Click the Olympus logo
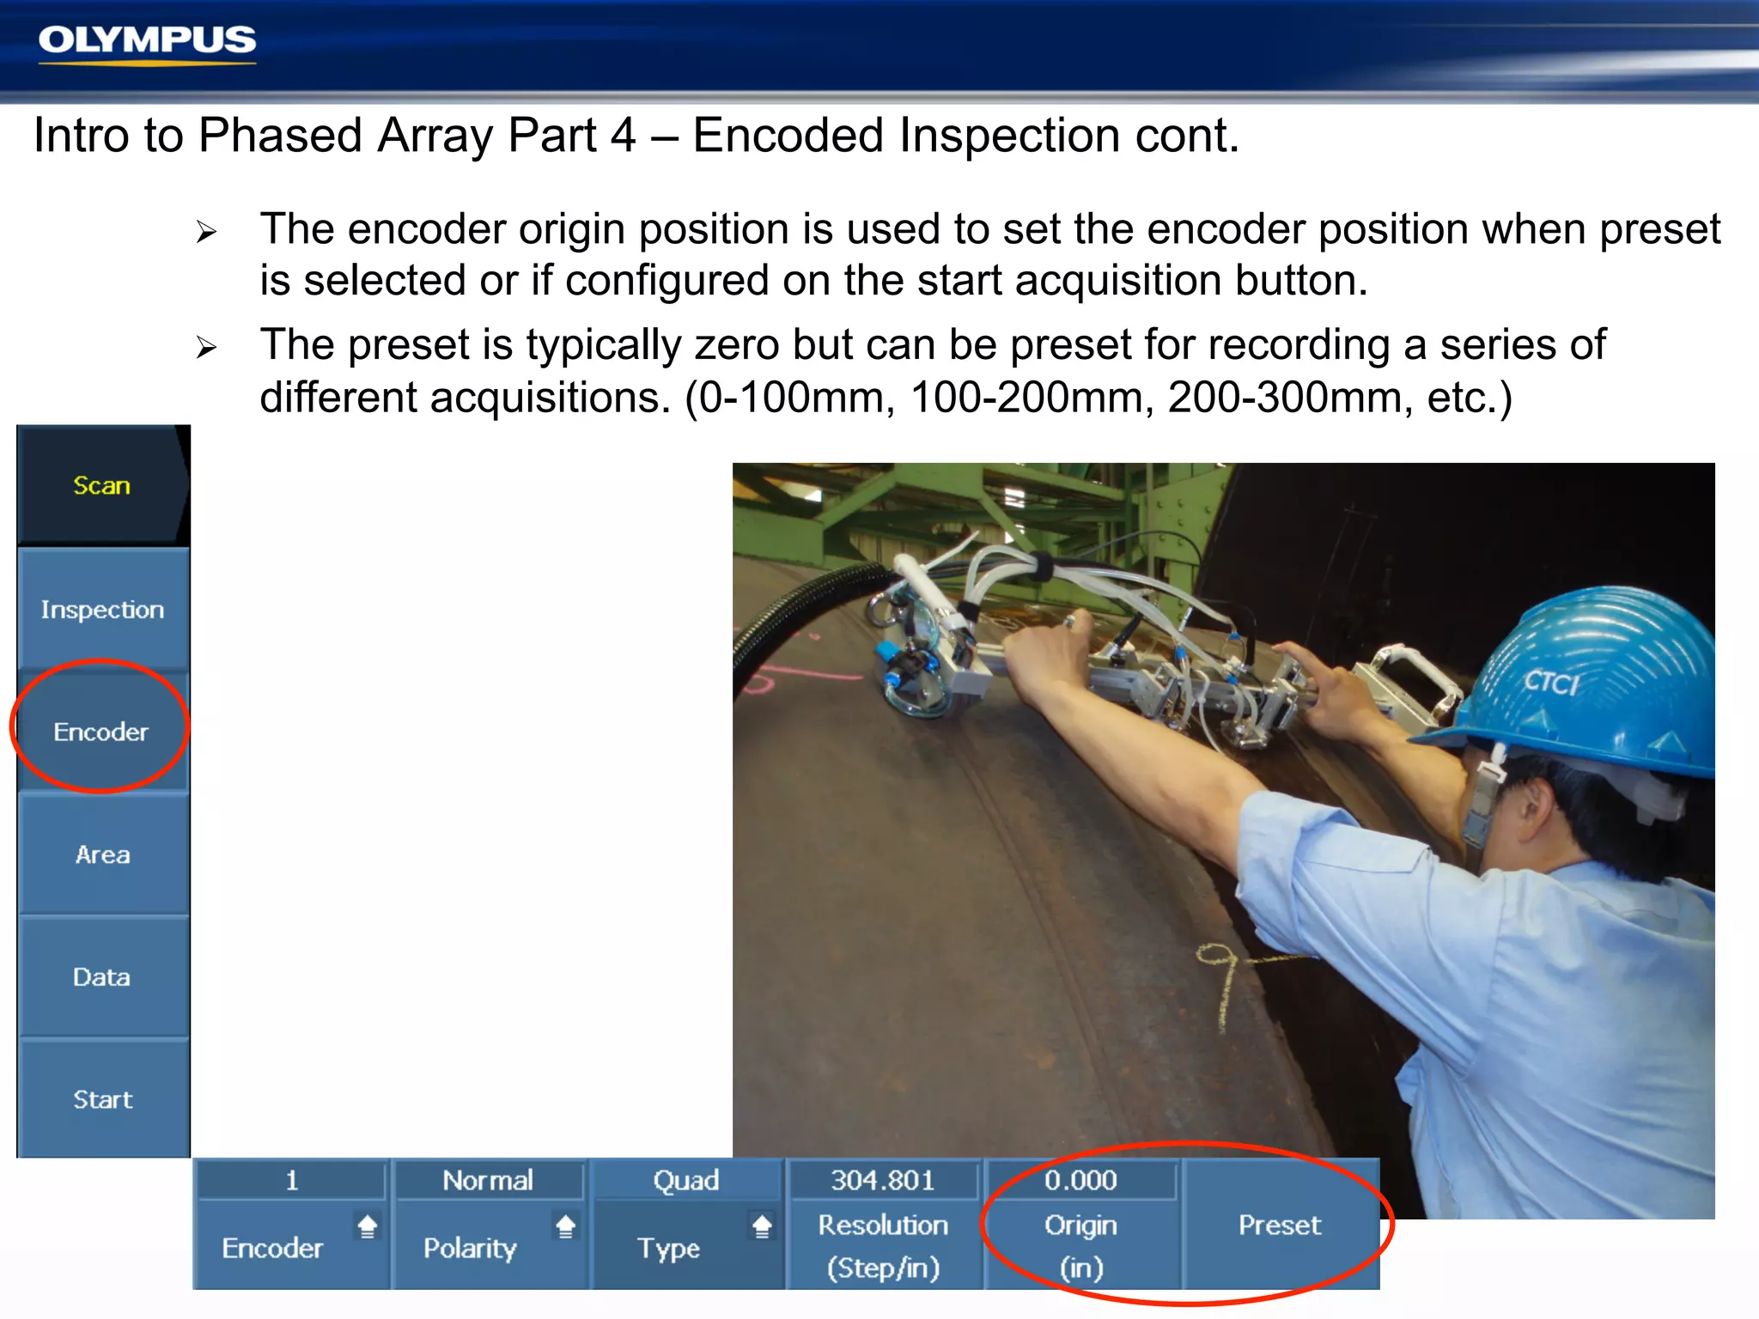tap(147, 41)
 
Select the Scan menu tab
tap(101, 485)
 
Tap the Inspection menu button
tap(102, 609)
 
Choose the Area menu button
tap(102, 854)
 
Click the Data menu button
tap(102, 977)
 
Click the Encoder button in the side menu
tap(101, 732)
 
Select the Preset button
tap(1279, 1225)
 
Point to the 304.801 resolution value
tap(882, 1181)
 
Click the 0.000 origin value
tap(1080, 1181)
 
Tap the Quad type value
tap(685, 1181)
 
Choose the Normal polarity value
tap(488, 1181)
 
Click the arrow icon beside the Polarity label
tap(565, 1226)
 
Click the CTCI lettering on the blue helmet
tap(1551, 683)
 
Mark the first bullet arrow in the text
tap(206, 232)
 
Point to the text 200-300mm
tap(1285, 398)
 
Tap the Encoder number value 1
tap(292, 1181)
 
